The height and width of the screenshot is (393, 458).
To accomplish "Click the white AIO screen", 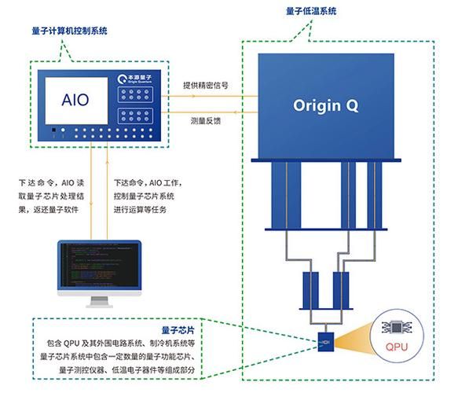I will pos(75,100).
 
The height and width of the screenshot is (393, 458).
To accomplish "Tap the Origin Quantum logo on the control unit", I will pos(134,78).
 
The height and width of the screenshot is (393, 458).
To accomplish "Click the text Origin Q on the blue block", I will pos(325,105).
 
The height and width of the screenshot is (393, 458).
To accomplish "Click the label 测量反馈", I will pos(207,122).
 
